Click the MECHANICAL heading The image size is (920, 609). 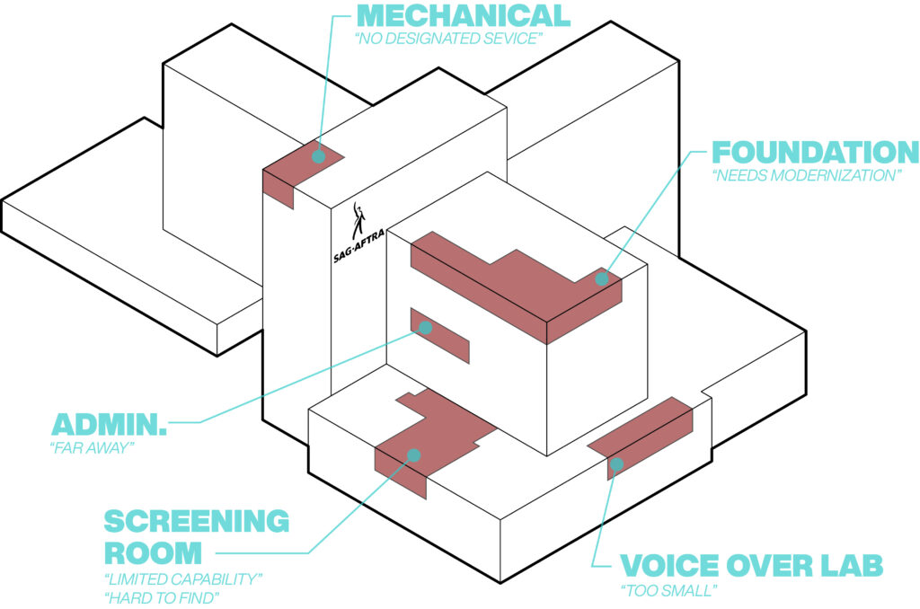(464, 16)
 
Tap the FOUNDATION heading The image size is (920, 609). (815, 151)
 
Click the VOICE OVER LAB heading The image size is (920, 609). (751, 566)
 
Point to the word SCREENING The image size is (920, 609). (196, 521)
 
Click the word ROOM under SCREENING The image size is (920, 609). (153, 550)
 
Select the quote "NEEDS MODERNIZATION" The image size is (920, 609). (807, 175)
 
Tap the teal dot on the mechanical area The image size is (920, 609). (318, 156)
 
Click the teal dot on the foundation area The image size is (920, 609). (602, 278)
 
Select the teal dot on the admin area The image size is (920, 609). (426, 328)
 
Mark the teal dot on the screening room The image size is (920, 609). (413, 455)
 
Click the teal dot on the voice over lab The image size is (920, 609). (617, 463)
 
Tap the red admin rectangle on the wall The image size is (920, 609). (445, 338)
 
